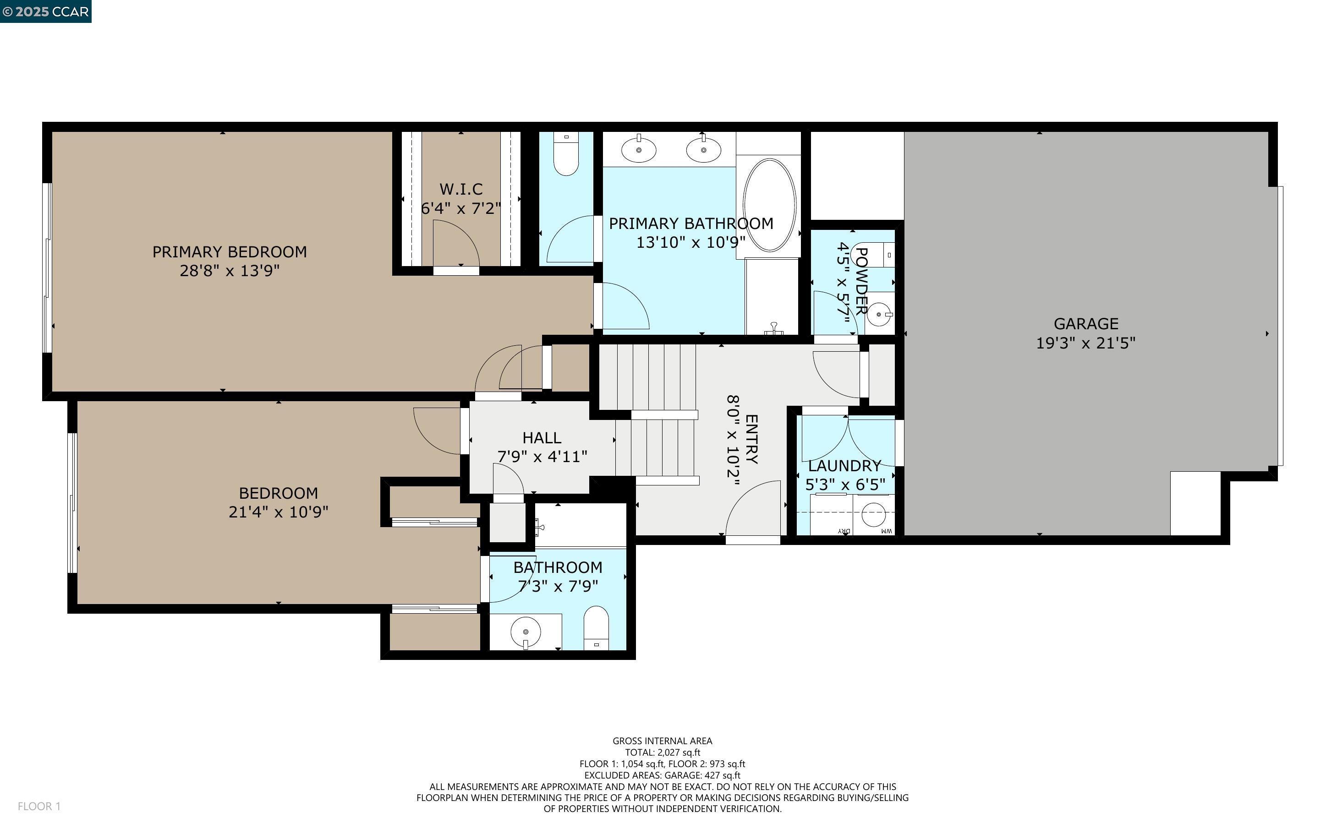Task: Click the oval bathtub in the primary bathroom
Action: [770, 205]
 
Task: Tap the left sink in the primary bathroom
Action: [639, 149]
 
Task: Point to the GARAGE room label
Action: [1085, 324]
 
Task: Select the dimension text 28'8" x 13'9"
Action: [230, 271]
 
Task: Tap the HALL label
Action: [541, 437]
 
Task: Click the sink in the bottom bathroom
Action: [525, 632]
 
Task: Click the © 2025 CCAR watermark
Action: [45, 11]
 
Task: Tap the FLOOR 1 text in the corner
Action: [39, 806]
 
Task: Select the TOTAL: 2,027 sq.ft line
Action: [662, 752]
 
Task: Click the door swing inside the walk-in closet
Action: [456, 244]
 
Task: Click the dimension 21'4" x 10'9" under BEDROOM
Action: [278, 512]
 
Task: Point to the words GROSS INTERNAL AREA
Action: [662, 741]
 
